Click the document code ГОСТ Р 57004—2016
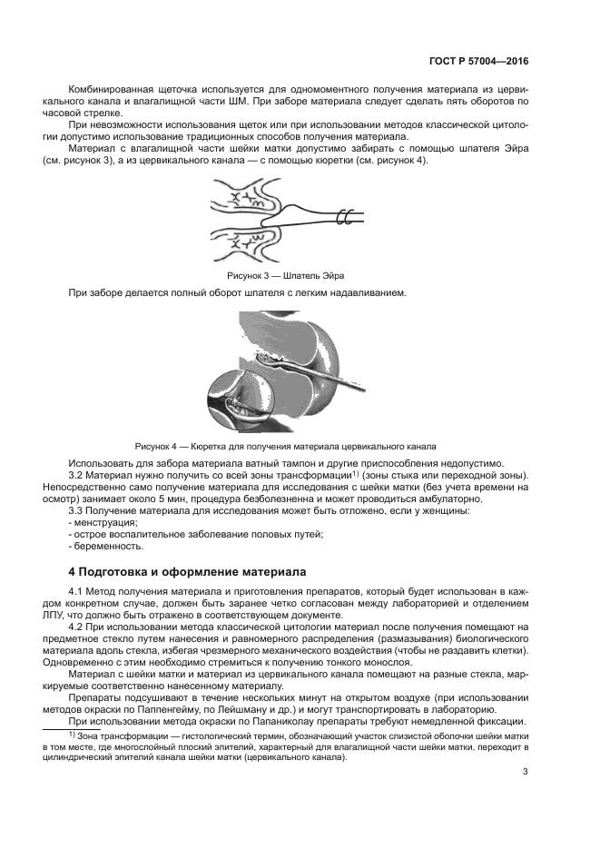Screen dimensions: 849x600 pos(477,63)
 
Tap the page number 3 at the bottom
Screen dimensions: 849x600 pos(526,773)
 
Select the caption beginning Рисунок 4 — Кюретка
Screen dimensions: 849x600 pos(285,446)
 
